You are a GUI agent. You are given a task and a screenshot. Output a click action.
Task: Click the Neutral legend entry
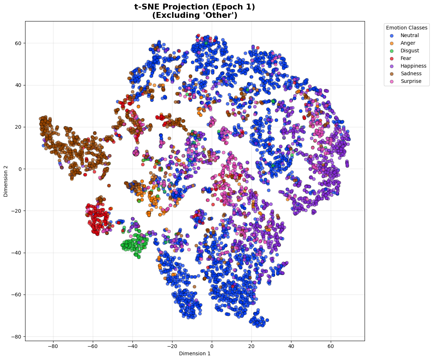coord(405,35)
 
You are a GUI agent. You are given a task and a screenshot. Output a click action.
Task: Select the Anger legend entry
coord(403,43)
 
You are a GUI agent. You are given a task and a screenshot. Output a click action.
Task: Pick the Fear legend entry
coord(401,58)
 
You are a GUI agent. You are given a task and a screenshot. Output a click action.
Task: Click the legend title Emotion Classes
coord(406,28)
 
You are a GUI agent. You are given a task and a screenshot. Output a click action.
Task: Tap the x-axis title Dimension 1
coord(195,354)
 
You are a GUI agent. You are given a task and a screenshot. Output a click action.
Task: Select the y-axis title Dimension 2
coord(6,181)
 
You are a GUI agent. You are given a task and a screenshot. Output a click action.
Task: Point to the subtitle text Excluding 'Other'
coord(195,15)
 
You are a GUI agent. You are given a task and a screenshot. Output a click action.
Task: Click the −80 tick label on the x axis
coord(53,346)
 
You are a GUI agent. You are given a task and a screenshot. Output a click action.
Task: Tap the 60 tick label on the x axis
coord(331,346)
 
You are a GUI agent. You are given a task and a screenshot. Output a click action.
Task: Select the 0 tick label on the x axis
coord(212,346)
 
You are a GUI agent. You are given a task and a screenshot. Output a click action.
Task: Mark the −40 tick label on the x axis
coord(132,346)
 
